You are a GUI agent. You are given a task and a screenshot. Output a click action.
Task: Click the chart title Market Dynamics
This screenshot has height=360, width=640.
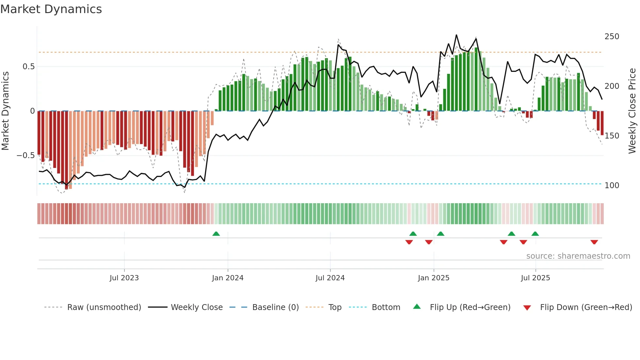51,9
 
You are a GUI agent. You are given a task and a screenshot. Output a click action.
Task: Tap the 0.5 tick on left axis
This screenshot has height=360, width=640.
28,67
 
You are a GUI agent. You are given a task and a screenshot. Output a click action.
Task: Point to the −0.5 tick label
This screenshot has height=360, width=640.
25,155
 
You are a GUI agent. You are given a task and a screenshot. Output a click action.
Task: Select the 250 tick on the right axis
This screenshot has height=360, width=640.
612,37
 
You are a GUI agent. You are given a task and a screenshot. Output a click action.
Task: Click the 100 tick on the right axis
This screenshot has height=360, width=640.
612,186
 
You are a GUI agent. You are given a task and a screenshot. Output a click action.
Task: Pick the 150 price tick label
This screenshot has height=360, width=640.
612,136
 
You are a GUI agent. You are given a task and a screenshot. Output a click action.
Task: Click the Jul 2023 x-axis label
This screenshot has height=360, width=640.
124,278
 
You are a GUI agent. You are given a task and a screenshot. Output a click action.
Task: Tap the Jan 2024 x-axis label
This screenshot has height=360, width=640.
228,278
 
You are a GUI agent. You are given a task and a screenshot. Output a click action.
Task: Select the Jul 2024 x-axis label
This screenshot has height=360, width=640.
330,278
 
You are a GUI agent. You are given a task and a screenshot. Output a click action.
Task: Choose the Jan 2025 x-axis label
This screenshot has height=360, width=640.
433,278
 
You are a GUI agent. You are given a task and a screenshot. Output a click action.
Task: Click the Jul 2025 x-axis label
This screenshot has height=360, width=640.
535,278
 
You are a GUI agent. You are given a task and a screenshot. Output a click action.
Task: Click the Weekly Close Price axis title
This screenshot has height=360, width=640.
632,111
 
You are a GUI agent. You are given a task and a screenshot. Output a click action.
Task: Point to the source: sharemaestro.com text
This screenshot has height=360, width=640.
578,256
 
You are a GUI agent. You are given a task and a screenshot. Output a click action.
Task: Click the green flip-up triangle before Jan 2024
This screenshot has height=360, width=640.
216,234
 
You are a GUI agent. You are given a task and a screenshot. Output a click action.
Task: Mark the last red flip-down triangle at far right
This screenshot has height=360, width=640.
594,242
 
